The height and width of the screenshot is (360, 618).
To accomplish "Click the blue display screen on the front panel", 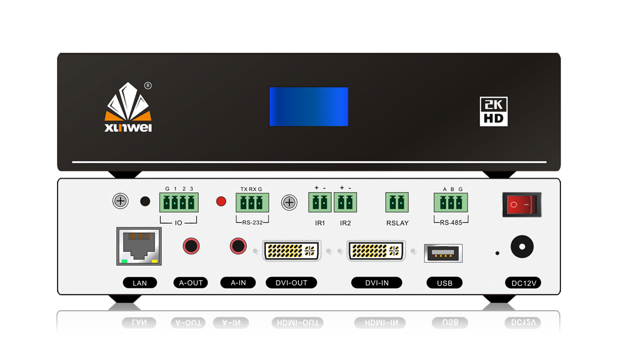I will pos(308,106).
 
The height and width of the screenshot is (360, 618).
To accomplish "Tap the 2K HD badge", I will pos(494,111).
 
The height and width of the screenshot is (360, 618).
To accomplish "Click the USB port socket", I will pos(442,253).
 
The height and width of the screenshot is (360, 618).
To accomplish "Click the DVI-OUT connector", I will pos(292,250).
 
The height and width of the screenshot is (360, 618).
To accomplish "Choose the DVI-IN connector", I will pos(377,250).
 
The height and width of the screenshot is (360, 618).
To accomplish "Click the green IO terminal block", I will pos(179,202).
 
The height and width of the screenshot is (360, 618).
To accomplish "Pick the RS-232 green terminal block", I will pos(252,202).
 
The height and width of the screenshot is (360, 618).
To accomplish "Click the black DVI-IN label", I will pos(377,283).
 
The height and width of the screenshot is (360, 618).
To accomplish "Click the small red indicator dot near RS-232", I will pos(221,201).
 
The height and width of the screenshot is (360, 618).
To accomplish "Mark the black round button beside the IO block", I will pos(145,201).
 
